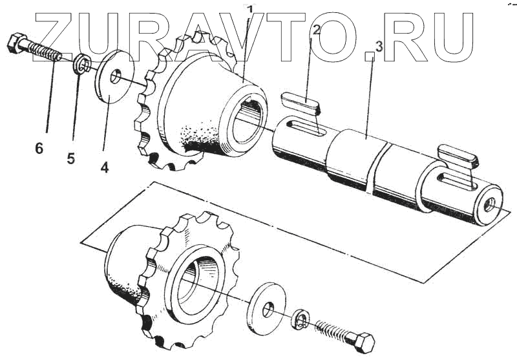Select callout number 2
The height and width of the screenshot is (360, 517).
click(x=316, y=30)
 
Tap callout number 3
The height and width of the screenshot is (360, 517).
click(x=378, y=47)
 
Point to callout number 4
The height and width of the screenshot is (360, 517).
click(x=104, y=167)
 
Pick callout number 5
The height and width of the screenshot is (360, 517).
click(x=71, y=157)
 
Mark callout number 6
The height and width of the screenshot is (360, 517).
click(x=39, y=149)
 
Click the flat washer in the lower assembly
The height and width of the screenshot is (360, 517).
click(x=265, y=304)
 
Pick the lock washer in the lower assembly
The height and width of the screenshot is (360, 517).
click(x=299, y=320)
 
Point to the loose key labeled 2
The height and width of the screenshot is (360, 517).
click(x=301, y=102)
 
